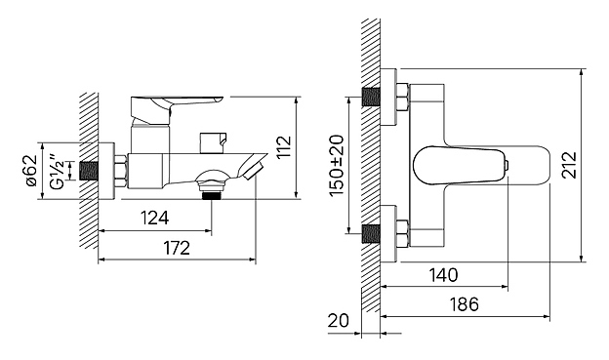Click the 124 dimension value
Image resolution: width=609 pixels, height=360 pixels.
[x=154, y=218]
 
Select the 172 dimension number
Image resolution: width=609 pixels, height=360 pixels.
[x=177, y=248]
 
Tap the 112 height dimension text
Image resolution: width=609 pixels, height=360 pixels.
[x=285, y=146]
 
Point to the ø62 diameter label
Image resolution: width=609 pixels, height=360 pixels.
[x=31, y=171]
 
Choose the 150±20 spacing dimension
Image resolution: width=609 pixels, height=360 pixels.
[x=337, y=166]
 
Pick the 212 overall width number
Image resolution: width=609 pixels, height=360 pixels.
[x=570, y=166]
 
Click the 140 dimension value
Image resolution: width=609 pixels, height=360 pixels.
[x=443, y=275]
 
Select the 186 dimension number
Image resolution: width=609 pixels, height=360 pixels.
[x=465, y=304]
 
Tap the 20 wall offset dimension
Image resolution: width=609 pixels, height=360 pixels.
[x=339, y=321]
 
